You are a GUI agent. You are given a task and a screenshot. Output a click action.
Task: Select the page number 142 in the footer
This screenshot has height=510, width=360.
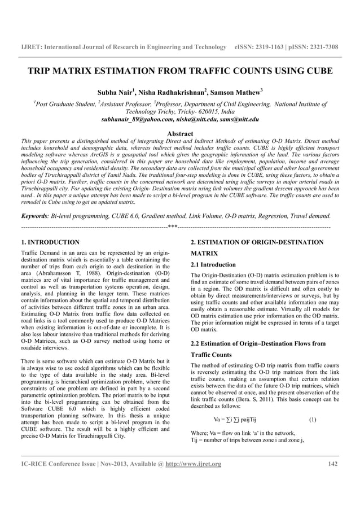[x=333, y=464]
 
